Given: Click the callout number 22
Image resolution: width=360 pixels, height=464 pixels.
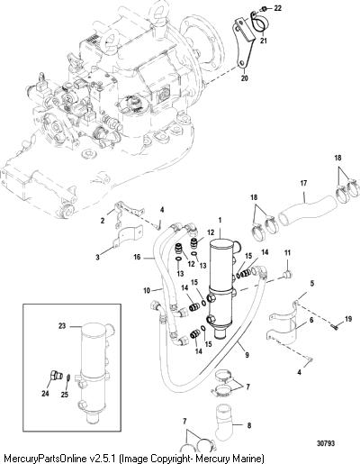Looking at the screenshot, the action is pyautogui.click(x=278, y=8).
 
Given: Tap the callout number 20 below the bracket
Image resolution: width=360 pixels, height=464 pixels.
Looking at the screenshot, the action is pyautogui.click(x=245, y=78).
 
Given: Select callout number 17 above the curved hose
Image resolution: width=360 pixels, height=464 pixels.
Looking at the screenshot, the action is pyautogui.click(x=303, y=183).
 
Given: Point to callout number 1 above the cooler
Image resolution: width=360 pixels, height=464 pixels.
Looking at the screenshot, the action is pyautogui.click(x=220, y=220).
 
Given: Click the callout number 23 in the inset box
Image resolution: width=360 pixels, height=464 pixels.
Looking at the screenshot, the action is pyautogui.click(x=62, y=326).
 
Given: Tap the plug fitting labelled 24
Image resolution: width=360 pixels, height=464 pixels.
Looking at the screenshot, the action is pyautogui.click(x=55, y=376).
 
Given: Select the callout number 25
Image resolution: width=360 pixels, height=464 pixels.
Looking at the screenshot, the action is pyautogui.click(x=65, y=395).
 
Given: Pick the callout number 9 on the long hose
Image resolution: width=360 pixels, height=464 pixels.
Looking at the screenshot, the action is pyautogui.click(x=247, y=355).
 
